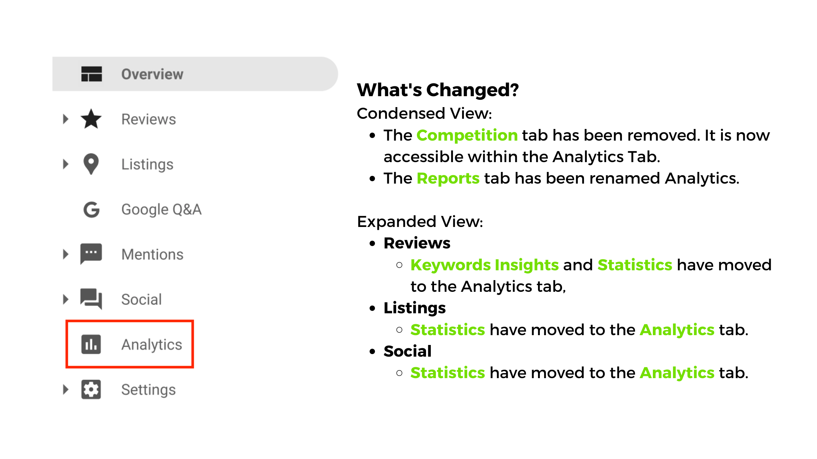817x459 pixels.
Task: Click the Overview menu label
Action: click(152, 74)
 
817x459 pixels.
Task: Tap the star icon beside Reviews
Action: click(91, 119)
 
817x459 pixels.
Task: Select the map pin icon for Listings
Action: click(91, 164)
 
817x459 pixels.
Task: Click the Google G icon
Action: click(91, 209)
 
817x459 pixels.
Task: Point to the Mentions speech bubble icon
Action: click(91, 254)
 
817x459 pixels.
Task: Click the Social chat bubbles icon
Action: click(91, 299)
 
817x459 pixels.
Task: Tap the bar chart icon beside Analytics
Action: click(91, 344)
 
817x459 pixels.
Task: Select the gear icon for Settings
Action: click(91, 389)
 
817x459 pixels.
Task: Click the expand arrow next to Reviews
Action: click(66, 119)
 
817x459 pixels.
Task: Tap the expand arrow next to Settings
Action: click(66, 389)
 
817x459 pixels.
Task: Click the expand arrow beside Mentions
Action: click(66, 254)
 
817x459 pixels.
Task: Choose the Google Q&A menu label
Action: click(161, 209)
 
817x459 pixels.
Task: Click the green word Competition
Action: click(467, 135)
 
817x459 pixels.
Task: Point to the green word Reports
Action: click(448, 178)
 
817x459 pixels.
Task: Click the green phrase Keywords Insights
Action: click(484, 265)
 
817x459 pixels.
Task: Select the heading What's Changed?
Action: click(438, 90)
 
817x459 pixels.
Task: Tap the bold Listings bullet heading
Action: click(415, 308)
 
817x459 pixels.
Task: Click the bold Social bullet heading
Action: click(407, 351)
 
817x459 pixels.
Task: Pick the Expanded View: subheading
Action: click(420, 221)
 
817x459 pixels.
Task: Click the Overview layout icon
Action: click(92, 74)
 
